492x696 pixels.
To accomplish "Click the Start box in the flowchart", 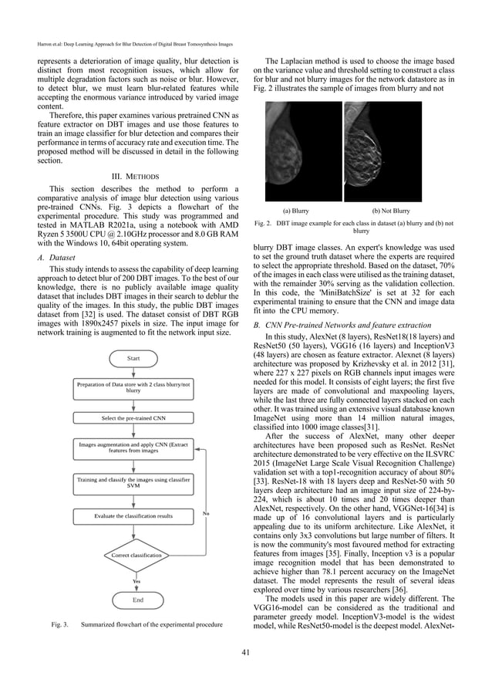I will (136, 359).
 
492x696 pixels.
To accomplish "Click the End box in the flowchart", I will (137, 599).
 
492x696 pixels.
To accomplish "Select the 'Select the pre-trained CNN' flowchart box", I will (133, 417).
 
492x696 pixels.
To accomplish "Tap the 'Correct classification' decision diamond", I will (136, 555).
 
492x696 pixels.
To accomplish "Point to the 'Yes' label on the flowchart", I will (136, 580).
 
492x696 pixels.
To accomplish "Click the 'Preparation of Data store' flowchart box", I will (133, 387).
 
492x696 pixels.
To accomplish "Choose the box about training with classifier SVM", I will (133, 461).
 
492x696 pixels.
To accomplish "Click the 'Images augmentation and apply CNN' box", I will (133, 448).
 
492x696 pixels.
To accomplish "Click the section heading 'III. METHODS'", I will (136, 174).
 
